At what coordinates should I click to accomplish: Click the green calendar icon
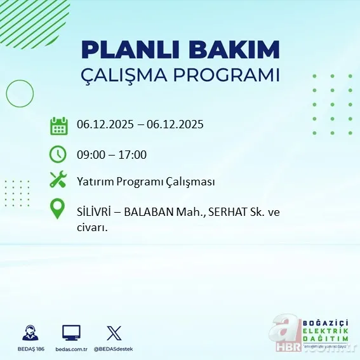pyautogui.click(x=59, y=125)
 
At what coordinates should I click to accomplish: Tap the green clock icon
pyautogui.click(x=58, y=154)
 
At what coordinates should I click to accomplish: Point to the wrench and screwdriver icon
pyautogui.click(x=58, y=180)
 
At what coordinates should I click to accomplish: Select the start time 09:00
pyautogui.click(x=90, y=154)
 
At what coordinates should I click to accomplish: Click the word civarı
pyautogui.click(x=91, y=227)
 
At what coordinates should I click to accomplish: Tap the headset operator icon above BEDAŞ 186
pyautogui.click(x=30, y=333)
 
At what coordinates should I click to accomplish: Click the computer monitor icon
pyautogui.click(x=71, y=333)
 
